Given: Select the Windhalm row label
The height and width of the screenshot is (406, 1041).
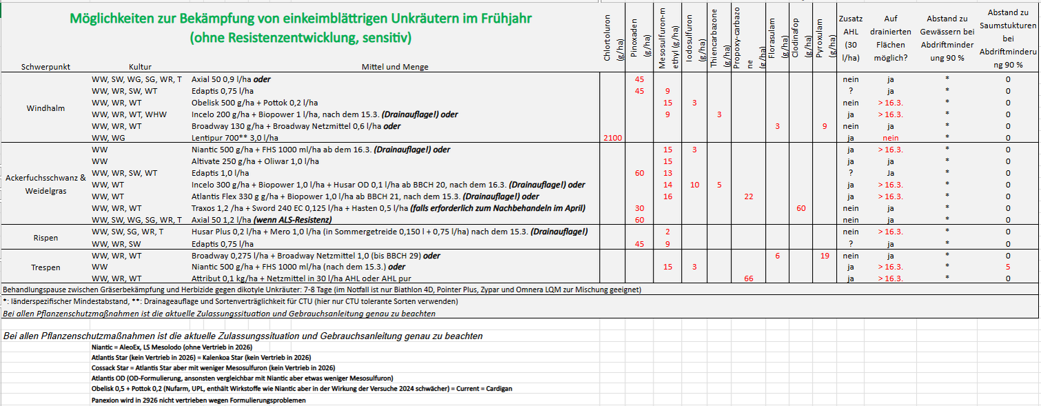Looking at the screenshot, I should point(45,109).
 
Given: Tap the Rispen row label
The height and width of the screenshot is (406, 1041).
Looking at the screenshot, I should point(46,238).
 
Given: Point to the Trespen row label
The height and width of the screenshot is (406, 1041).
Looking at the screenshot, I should point(46,267).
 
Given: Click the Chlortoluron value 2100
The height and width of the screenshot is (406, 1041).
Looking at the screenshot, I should point(612,138).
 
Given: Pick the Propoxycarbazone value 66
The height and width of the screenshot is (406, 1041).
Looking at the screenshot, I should point(749,278).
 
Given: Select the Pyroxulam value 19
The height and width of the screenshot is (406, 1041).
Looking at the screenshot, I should point(825,256).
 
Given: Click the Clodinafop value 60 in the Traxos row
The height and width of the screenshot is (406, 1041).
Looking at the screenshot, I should point(800,207).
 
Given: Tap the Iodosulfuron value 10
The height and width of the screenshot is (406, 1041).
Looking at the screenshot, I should point(694,185).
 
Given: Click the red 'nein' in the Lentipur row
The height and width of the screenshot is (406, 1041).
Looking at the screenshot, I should point(890,138).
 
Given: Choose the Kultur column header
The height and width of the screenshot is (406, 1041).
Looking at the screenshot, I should point(140,67).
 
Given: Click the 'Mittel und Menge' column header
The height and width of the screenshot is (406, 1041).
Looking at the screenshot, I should point(394,67).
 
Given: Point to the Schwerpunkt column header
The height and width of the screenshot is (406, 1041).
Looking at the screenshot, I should point(46,67).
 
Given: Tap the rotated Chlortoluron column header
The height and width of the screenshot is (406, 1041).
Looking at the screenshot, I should point(612,38).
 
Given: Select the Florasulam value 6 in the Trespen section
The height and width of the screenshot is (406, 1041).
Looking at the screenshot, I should point(777,256).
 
